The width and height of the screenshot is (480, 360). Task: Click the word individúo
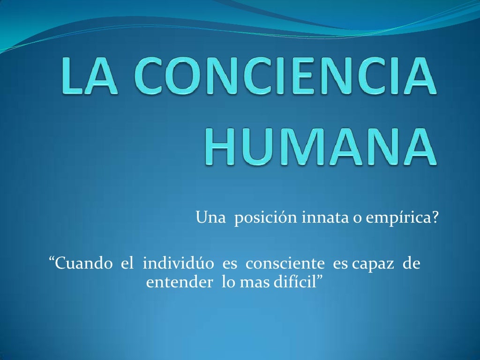click(x=179, y=263)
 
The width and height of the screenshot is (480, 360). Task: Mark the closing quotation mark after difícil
click(x=321, y=279)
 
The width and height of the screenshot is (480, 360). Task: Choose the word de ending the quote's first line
click(x=411, y=263)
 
